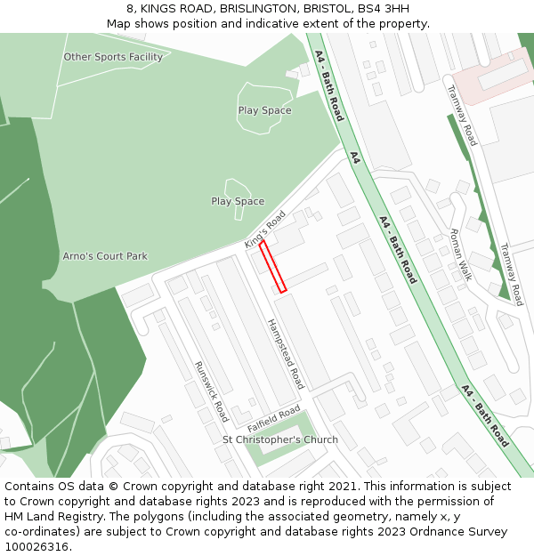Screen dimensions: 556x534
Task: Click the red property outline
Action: coord(272,266)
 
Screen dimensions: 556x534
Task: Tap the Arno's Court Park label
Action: coord(105,256)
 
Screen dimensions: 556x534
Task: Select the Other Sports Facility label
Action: coord(113,57)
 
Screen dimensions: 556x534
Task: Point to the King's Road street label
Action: coord(264,230)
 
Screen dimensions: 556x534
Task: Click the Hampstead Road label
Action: coord(286,353)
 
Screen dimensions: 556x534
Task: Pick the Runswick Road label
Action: coord(212,391)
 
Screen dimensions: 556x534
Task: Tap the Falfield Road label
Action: coord(274,415)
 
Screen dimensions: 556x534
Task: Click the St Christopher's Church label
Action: coord(280,439)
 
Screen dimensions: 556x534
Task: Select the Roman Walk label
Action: coord(460,254)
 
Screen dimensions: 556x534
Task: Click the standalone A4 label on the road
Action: coord(354,157)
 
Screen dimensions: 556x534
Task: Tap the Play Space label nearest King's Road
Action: coord(238,201)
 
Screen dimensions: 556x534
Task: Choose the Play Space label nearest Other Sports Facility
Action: coord(264,110)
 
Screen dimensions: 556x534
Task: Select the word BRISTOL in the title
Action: coord(328,9)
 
